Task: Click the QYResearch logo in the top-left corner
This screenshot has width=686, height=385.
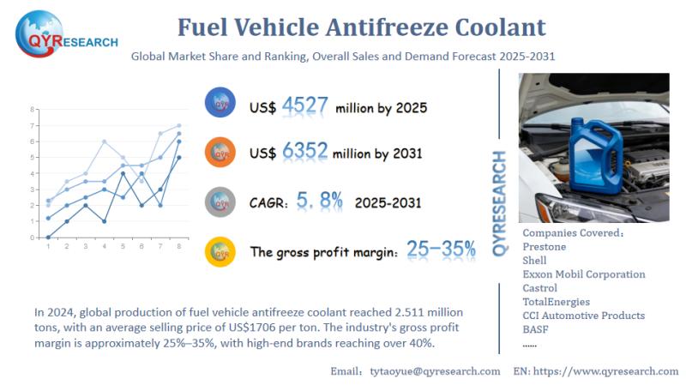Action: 64,34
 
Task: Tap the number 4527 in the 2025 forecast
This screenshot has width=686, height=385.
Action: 305,106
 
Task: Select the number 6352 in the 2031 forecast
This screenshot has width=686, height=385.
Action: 305,152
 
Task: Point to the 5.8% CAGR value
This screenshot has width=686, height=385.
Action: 319,202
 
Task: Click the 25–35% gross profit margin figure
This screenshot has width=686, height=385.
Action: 441,250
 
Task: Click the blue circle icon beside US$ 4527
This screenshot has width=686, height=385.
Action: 220,105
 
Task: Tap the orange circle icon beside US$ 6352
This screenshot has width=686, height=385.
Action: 220,153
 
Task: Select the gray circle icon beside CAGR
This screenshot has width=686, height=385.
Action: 220,202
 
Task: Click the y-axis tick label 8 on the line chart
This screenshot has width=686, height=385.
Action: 33,110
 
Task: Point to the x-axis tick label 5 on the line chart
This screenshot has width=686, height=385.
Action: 123,247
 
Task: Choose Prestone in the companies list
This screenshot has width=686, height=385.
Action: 545,246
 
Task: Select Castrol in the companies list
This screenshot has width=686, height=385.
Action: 539,287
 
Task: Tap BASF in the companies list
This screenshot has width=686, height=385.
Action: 536,328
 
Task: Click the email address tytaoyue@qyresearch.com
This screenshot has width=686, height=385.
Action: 434,370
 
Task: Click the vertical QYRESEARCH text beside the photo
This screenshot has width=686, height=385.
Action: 500,202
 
